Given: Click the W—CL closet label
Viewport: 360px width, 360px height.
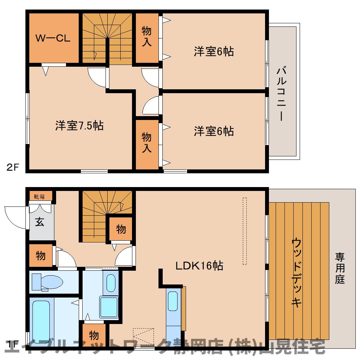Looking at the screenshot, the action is (x=53, y=38).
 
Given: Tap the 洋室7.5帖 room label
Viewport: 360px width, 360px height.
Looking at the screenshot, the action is (x=79, y=126).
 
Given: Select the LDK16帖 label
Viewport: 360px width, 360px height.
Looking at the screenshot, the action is (x=199, y=266).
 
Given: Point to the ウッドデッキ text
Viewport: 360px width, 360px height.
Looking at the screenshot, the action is (x=296, y=273).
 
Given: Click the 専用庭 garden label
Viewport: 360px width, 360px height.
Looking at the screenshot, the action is (x=340, y=268).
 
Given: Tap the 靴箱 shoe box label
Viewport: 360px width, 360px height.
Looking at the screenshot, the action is (x=39, y=197).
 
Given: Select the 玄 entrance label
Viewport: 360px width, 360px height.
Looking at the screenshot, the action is (x=40, y=222).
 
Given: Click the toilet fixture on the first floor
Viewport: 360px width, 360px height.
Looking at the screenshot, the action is (x=47, y=282).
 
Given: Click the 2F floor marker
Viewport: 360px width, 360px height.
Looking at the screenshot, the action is (x=12, y=167).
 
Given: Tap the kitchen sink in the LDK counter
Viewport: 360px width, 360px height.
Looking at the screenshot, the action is (x=173, y=301).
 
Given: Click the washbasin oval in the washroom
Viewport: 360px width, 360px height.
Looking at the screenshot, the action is (x=111, y=283).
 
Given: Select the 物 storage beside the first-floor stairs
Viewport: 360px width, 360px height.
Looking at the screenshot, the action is (x=121, y=229).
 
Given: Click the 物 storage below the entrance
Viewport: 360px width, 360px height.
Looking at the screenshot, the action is (x=41, y=256).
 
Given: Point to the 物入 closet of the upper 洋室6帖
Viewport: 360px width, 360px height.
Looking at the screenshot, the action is (x=147, y=37).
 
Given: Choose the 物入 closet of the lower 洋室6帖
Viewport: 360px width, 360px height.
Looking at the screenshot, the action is (x=147, y=143).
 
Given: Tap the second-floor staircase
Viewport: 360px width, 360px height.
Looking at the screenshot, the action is (x=107, y=38).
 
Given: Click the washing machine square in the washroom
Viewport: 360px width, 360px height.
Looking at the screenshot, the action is (x=109, y=307).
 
